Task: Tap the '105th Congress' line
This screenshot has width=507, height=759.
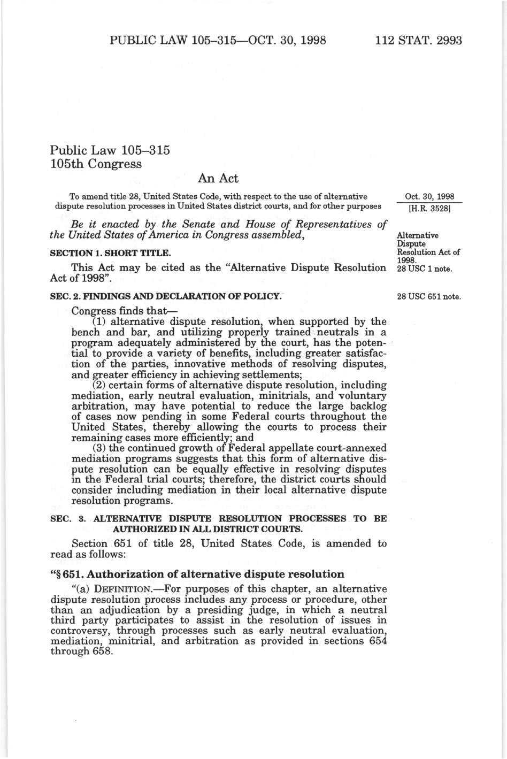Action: point(96,164)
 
